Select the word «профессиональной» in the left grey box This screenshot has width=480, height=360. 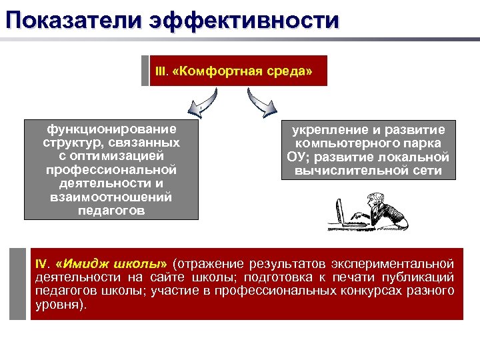[x=111, y=170]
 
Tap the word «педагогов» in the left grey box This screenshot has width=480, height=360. [x=111, y=211]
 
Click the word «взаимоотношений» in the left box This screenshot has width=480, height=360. [x=111, y=197]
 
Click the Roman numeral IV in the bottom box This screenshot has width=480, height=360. [x=42, y=263]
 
